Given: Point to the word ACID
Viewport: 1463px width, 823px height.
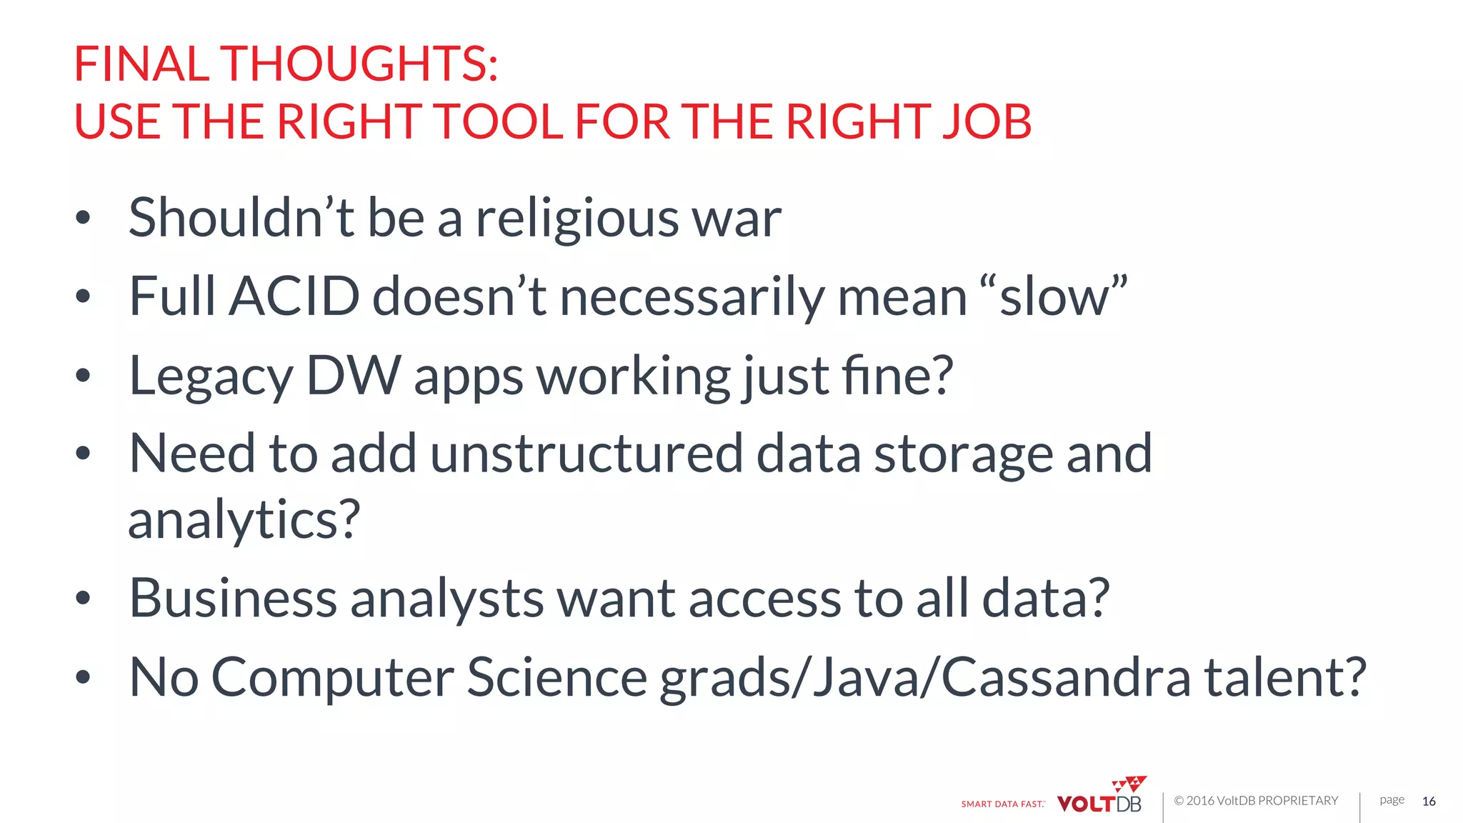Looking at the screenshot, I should (294, 296).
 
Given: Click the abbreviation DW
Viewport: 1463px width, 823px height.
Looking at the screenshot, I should (354, 376).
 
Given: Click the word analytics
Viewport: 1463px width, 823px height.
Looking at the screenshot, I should (244, 520).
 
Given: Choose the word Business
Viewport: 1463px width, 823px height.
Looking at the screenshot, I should (233, 598).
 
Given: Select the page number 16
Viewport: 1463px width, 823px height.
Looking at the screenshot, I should (1429, 802).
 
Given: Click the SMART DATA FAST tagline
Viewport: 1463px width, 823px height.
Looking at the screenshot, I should (1002, 804).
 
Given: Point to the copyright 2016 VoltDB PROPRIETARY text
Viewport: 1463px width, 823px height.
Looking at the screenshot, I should (1256, 801).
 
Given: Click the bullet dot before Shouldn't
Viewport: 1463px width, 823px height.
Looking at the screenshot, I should (83, 218).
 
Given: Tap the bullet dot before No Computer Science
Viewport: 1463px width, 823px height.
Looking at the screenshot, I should (83, 677).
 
